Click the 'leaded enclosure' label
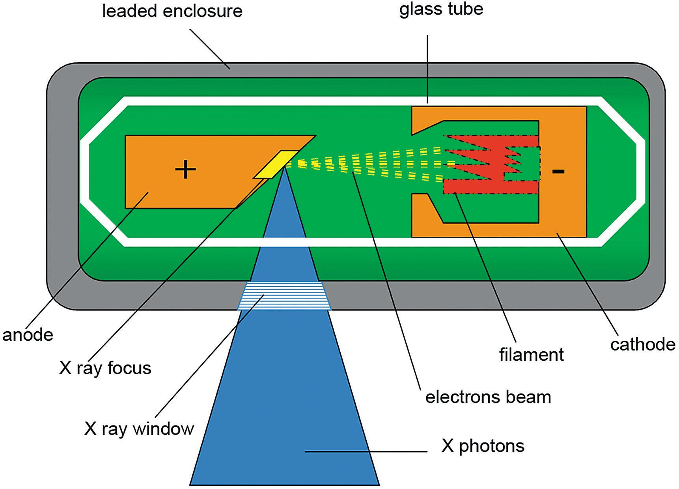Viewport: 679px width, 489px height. pos(172,11)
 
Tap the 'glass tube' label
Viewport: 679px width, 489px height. pos(441,8)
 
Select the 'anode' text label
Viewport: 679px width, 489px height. pos(28,335)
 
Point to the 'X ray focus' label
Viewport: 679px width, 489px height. pos(105,368)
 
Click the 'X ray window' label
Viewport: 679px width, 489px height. pos(139,428)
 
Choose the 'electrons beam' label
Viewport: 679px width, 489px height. pos(488,397)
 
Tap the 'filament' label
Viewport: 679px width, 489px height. pos(531,354)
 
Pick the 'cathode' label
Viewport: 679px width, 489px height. pos(643,344)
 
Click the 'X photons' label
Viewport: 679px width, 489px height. pos(483,446)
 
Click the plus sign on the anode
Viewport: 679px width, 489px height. pos(185,170)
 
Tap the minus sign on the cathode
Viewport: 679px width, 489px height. pos(558,171)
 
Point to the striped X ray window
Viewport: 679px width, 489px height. pos(284,296)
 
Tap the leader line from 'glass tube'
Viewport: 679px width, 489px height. pos(428,67)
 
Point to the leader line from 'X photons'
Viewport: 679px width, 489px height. pos(367,452)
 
